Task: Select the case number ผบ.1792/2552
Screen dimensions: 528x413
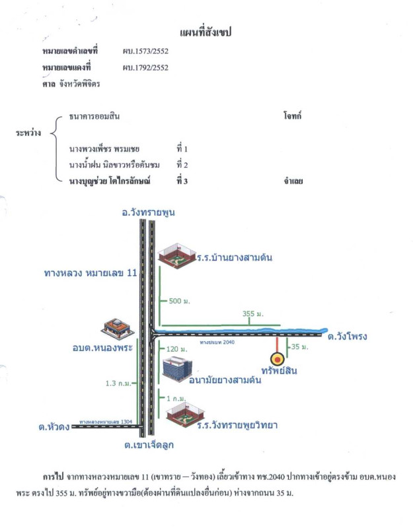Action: pos(146,67)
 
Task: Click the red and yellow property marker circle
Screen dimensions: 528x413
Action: pos(278,359)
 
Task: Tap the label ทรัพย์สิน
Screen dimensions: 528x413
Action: pos(278,371)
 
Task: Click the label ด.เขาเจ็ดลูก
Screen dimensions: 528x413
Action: pos(149,445)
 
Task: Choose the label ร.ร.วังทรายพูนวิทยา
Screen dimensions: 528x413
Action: pos(236,425)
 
